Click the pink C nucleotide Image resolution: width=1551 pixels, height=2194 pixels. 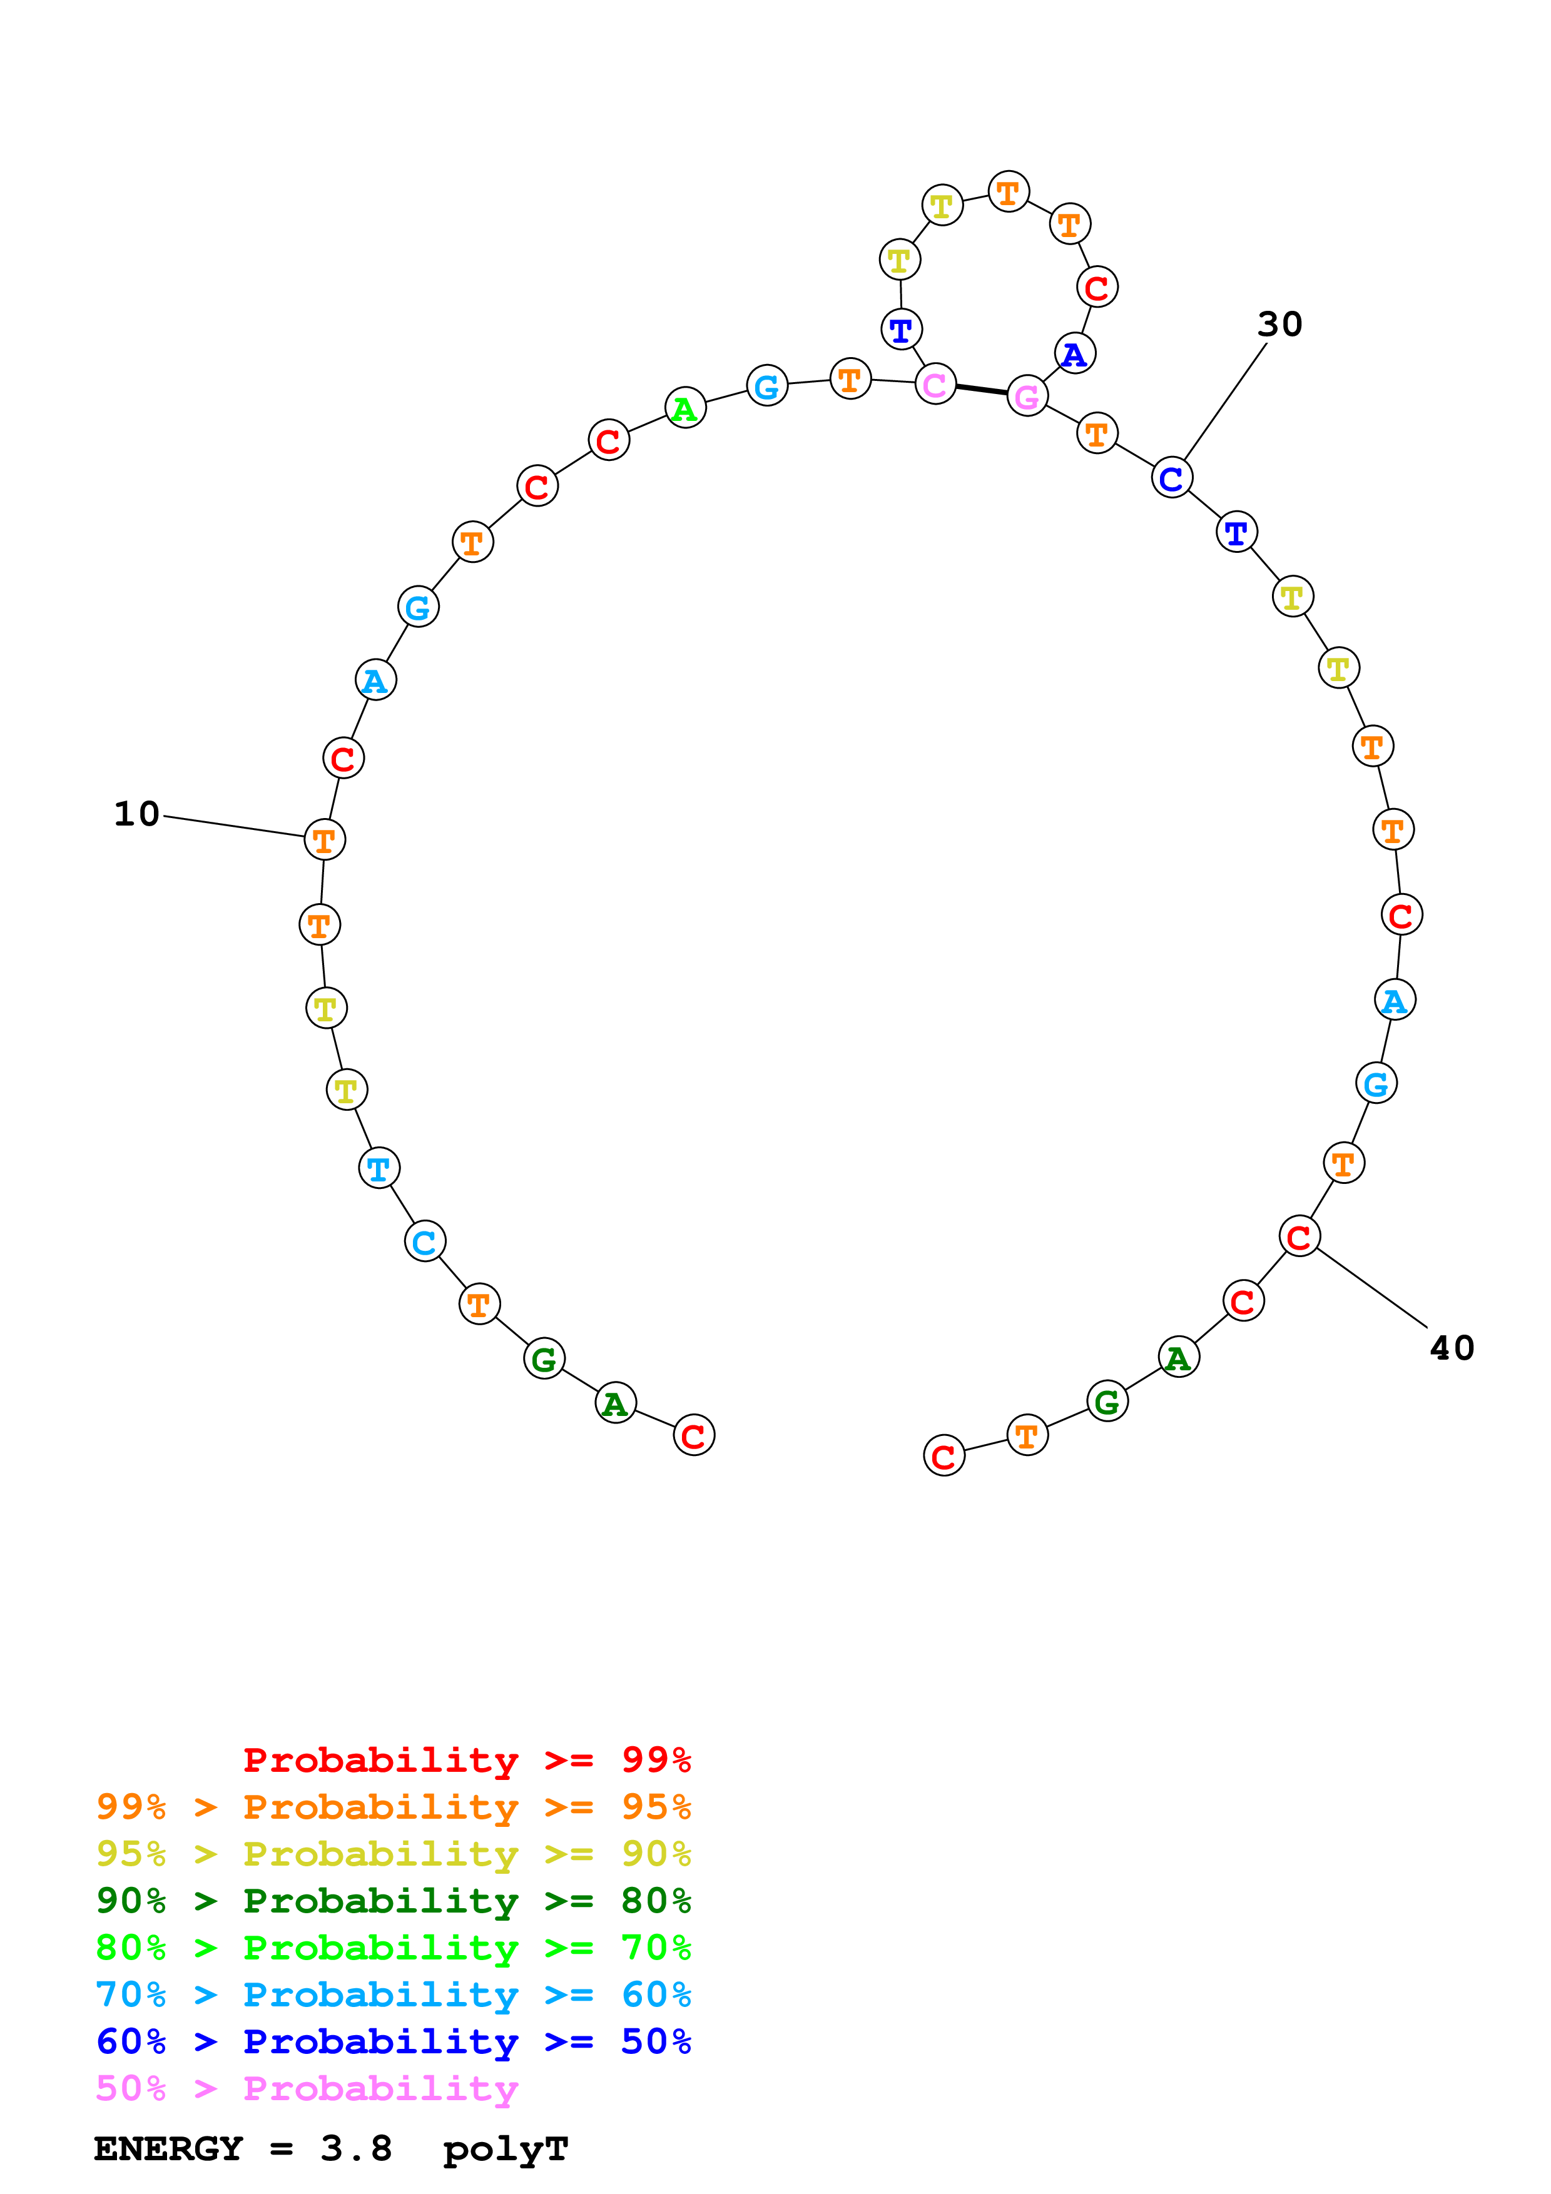(935, 384)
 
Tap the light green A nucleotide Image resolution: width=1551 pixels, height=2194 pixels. (684, 409)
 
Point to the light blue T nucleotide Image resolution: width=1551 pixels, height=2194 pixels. (379, 1168)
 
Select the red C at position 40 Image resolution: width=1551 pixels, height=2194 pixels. (1299, 1236)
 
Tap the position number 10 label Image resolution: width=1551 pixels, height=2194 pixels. (136, 814)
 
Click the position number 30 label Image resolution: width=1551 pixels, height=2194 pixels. (1279, 324)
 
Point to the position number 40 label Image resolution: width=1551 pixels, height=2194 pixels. (1451, 1348)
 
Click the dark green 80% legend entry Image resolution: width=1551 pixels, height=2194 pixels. (393, 1901)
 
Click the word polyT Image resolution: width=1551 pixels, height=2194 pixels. (506, 2149)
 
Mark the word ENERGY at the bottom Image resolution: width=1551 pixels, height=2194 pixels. (168, 2148)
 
